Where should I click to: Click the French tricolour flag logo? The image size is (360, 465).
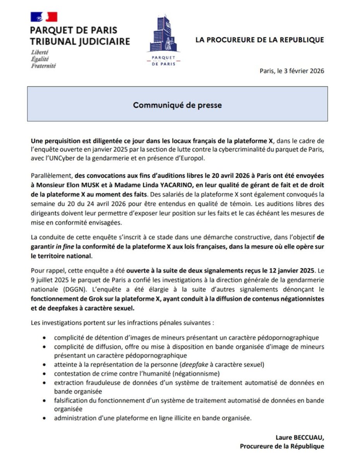click(44, 17)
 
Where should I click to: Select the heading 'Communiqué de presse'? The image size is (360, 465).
click(178, 105)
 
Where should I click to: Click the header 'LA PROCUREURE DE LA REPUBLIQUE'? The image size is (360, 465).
click(259, 40)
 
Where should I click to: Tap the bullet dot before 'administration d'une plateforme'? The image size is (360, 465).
click(46, 418)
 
